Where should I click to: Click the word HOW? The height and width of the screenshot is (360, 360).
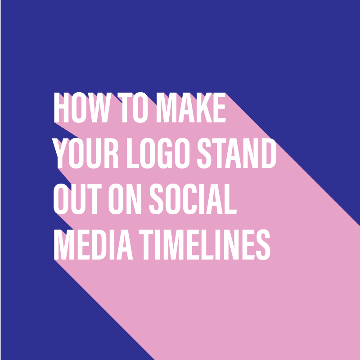pos(83,108)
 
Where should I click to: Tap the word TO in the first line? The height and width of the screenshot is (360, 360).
pos(132,108)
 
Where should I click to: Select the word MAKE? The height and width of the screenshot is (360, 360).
pos(191,108)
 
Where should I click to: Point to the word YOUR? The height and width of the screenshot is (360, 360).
pos(85,153)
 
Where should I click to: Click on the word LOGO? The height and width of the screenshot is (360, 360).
pos(158,153)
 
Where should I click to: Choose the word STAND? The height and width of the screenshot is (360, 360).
pos(237,153)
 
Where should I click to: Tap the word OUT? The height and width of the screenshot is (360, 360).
pos(77,199)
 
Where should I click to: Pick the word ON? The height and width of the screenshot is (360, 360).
pos(125,199)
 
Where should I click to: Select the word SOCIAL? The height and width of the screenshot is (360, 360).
pos(193,199)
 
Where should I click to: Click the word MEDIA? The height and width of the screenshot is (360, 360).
pos(94,244)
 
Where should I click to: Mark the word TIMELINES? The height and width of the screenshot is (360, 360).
pos(205,244)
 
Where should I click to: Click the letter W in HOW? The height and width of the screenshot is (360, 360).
pos(100,108)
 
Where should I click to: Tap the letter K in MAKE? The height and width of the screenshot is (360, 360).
pos(204,108)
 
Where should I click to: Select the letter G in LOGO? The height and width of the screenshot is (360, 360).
pos(165,153)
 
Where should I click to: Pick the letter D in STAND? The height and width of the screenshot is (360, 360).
pos(269,153)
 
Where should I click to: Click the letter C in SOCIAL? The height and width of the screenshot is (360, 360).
pos(190,199)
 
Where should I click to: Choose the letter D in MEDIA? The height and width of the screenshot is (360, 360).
pos(99,244)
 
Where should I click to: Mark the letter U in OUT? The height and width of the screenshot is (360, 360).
pos(78,199)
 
